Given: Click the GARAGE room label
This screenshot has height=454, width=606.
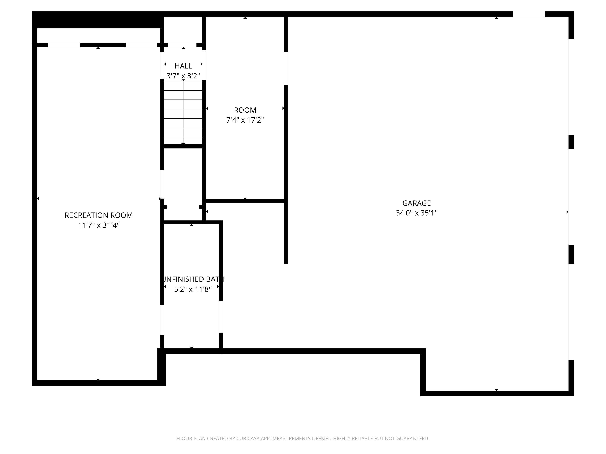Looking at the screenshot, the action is pos(416,203).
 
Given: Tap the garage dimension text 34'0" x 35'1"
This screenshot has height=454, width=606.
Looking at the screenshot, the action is pos(416,213).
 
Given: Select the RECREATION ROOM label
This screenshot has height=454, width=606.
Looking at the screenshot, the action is pos(99,215).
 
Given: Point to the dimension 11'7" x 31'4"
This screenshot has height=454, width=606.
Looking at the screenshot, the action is pos(99,225).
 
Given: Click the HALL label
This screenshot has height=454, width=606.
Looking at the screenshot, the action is pos(183,66).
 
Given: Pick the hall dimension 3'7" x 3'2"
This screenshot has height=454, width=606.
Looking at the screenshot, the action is pos(183,76).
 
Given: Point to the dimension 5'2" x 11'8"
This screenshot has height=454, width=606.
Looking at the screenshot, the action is pos(193,289).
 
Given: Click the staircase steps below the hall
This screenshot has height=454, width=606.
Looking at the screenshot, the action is pos(183,112).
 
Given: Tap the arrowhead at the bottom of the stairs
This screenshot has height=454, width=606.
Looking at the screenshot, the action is pos(183,144).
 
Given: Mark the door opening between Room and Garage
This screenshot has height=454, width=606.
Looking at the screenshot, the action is pos(286,68).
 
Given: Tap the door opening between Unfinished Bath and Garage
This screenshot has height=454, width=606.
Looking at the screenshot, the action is pos(221,317).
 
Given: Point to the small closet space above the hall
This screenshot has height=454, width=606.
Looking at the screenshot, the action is pos(183,30).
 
